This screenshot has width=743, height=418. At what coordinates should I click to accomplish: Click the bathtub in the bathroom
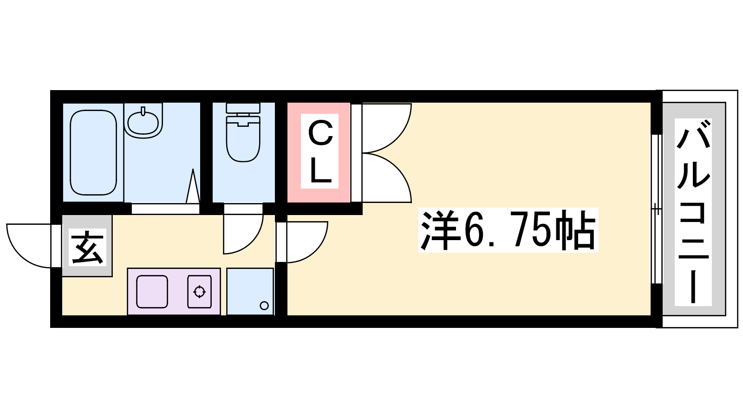[93, 152]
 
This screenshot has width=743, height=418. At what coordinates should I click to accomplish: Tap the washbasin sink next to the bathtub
[143, 123]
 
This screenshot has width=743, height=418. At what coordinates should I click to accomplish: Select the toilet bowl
[243, 139]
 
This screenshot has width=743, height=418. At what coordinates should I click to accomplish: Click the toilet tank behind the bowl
[243, 108]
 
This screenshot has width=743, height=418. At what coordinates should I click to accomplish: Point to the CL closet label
[320, 151]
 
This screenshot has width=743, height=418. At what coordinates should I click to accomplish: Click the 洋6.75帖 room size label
[508, 230]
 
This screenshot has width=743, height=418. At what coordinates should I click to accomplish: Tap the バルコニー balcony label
[693, 212]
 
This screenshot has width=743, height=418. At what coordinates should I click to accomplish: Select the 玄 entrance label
[88, 247]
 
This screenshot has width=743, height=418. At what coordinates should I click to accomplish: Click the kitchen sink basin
[152, 292]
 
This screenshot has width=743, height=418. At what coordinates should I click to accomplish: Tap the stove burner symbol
[199, 292]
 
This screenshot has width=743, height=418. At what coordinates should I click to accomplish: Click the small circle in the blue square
[264, 306]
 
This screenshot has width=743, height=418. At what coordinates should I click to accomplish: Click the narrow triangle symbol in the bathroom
[193, 186]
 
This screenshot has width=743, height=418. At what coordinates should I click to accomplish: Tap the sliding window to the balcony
[657, 209]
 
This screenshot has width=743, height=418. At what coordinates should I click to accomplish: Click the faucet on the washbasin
[143, 111]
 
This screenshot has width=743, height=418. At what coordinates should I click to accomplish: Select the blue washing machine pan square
[250, 291]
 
